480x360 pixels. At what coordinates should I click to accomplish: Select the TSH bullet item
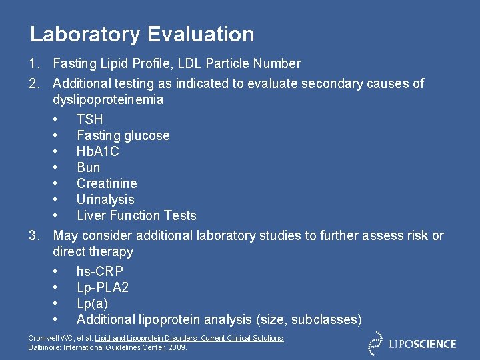89,119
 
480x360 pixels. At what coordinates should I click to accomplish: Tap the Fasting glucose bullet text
123,135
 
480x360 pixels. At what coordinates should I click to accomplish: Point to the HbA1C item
97,151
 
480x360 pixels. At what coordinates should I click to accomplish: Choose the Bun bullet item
88,167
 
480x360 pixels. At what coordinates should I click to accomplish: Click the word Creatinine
107,183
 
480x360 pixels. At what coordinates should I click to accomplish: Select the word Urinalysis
105,199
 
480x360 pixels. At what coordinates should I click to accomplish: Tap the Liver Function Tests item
136,215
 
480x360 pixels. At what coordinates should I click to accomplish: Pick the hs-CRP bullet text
99,271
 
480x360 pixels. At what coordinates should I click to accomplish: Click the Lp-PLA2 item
102,287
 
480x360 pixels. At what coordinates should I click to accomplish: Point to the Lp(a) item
92,303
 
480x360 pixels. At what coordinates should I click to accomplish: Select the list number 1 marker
33,63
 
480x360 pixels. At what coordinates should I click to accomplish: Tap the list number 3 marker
33,235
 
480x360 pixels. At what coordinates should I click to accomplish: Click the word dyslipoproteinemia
108,99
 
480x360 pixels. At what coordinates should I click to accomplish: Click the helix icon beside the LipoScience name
377,343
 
